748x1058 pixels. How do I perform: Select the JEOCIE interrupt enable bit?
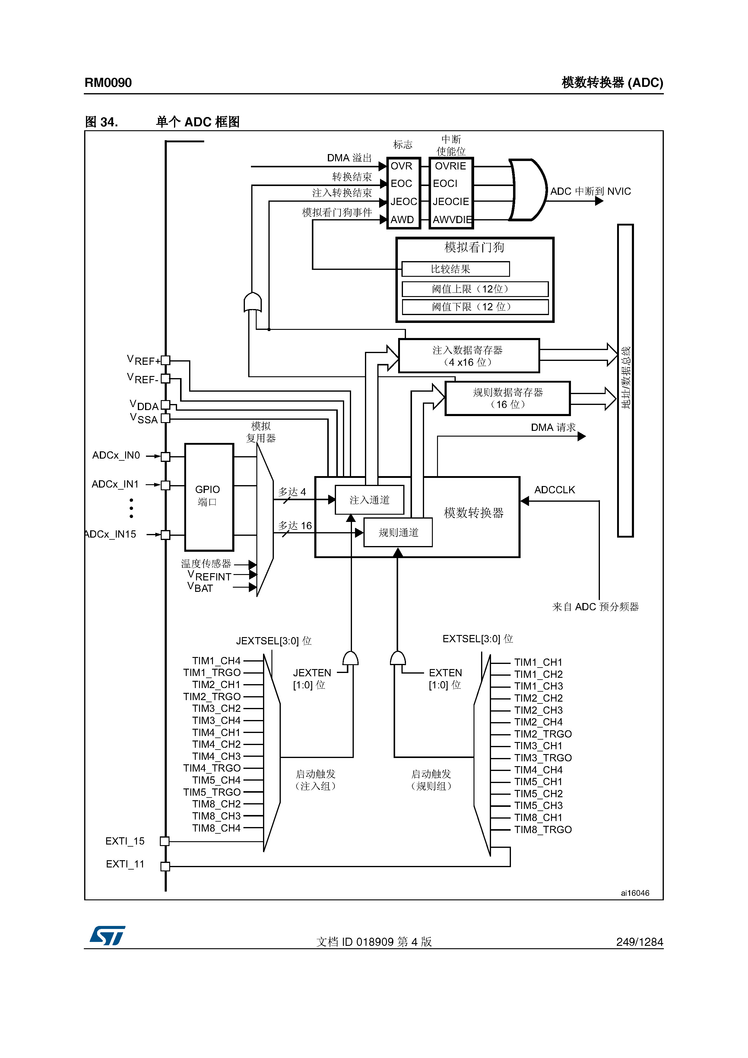[450, 201]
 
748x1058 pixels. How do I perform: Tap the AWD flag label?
[402, 220]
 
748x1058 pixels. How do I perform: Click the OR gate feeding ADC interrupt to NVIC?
[527, 190]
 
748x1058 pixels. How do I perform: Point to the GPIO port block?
[209, 497]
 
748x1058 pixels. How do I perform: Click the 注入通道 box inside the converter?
[369, 500]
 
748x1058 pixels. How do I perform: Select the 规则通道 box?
[398, 533]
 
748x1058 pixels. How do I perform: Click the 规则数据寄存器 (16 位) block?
[507, 398]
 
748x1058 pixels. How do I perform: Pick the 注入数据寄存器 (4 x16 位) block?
[468, 356]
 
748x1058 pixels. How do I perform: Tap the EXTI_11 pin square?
[165, 866]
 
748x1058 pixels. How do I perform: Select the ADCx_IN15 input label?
[112, 534]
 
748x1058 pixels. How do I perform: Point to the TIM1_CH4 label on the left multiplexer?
[216, 661]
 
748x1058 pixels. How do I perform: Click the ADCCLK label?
[554, 490]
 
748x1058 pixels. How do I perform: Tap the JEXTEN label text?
[312, 673]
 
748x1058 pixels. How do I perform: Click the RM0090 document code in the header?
[108, 83]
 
